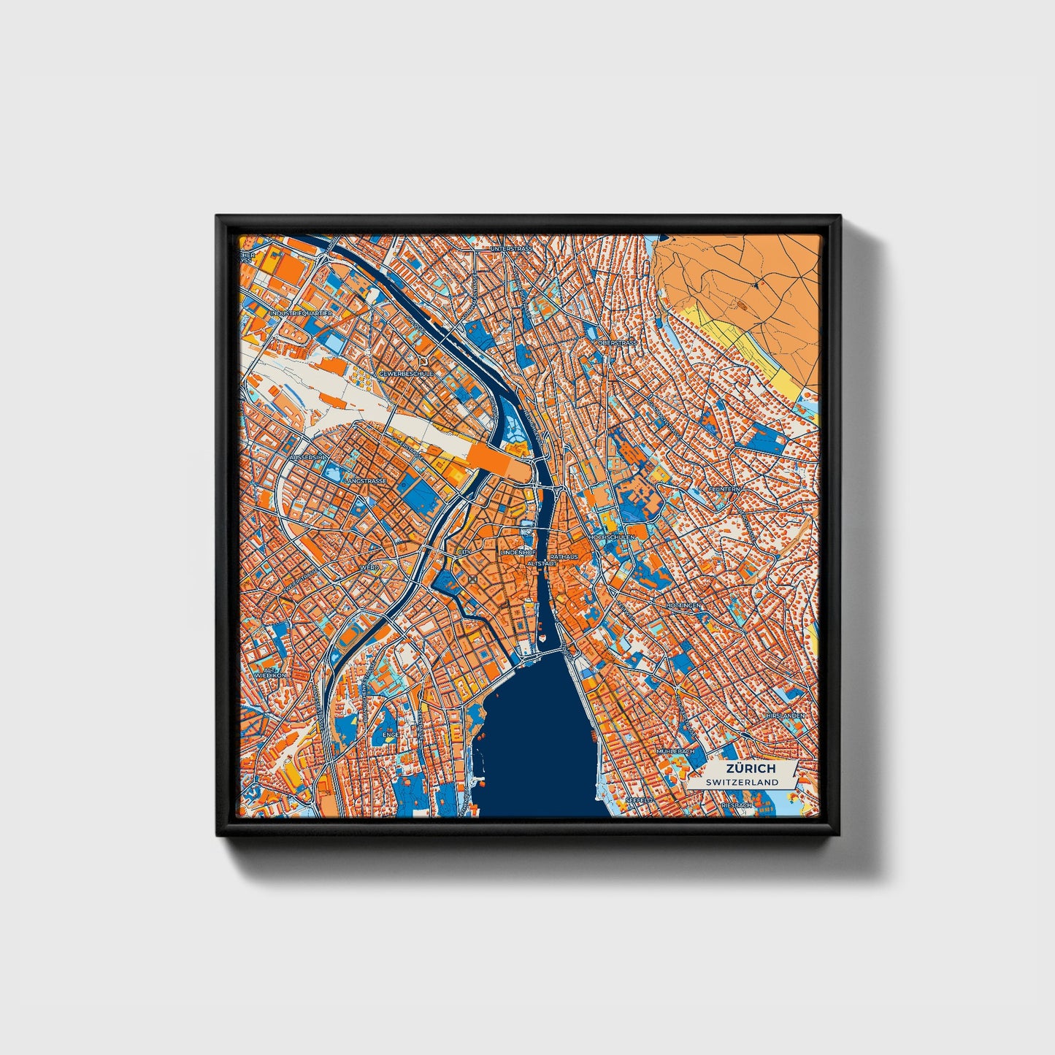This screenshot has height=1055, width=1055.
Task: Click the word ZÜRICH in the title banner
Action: pyautogui.click(x=750, y=769)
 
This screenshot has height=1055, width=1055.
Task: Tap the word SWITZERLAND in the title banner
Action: pyautogui.click(x=743, y=782)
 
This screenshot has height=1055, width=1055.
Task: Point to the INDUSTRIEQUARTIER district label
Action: pyautogui.click(x=301, y=313)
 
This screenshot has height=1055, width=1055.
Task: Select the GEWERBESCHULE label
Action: pyautogui.click(x=406, y=373)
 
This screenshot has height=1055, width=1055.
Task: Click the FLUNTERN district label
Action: pyautogui.click(x=724, y=488)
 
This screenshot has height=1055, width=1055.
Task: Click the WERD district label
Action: pyautogui.click(x=369, y=567)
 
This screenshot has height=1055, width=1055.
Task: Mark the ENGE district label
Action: pyautogui.click(x=391, y=714)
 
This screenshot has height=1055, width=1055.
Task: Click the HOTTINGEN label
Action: pyautogui.click(x=683, y=606)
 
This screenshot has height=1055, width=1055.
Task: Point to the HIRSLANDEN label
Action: pyautogui.click(x=785, y=716)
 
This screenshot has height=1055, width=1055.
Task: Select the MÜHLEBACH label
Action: pyautogui.click(x=672, y=751)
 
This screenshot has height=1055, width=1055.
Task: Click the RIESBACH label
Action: pyautogui.click(x=736, y=805)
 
